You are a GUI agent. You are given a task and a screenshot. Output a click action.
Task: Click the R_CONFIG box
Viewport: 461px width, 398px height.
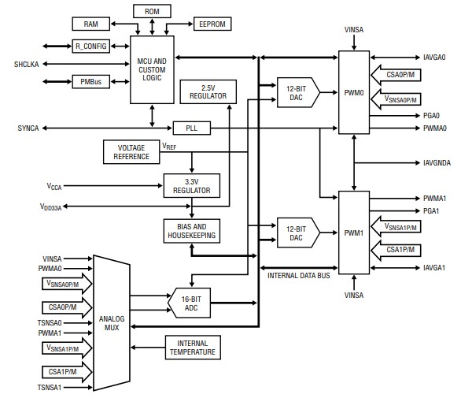click(90, 46)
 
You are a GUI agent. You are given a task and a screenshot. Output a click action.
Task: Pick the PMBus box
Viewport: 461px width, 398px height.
click(90, 81)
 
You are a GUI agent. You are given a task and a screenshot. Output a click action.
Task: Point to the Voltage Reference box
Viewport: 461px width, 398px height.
click(131, 151)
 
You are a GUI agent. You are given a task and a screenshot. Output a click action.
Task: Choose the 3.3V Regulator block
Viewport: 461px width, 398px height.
click(192, 185)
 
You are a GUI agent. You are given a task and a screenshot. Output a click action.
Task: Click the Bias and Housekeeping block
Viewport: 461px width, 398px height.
click(192, 231)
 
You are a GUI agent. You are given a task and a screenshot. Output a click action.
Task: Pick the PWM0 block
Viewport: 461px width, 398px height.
click(352, 92)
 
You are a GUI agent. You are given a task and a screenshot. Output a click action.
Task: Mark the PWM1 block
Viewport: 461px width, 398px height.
click(352, 232)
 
